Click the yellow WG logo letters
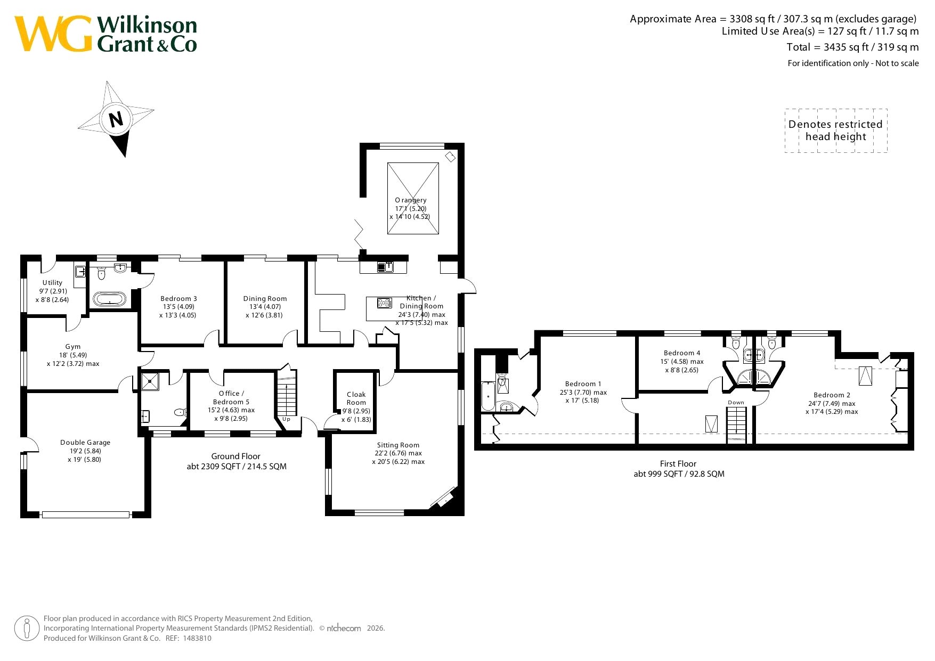click(53, 34)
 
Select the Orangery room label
click(411, 200)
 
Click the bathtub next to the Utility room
click(110, 299)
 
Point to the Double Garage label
click(85, 442)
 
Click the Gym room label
click(73, 347)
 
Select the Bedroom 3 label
click(179, 299)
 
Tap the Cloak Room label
click(356, 398)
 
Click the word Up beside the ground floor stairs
click(287, 419)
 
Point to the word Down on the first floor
click(736, 403)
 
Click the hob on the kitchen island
click(385, 303)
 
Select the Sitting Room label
click(398, 445)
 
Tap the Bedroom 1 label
click(583, 383)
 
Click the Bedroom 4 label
click(682, 353)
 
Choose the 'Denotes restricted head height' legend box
click(836, 130)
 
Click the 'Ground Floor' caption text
click(236, 456)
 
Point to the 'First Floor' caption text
click(678, 464)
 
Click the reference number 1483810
click(197, 638)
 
